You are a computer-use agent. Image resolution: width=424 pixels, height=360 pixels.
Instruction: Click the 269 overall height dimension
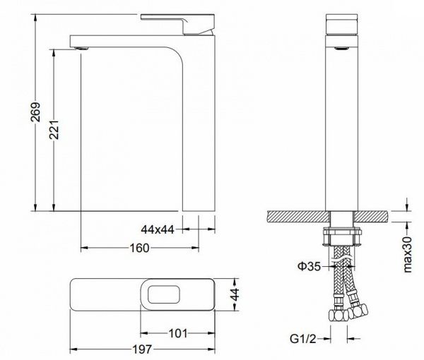(35, 112)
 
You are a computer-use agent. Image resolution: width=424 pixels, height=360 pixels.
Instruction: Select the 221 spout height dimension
(54, 129)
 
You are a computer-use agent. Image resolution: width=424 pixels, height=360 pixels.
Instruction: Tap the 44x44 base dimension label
(158, 229)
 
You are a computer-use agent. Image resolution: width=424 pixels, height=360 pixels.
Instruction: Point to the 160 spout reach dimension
(139, 248)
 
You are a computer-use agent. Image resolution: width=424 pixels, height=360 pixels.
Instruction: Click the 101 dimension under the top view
(178, 333)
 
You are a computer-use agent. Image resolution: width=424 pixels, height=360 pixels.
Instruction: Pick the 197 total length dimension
(142, 349)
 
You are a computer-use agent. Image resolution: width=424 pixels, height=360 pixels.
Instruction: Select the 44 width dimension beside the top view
(235, 294)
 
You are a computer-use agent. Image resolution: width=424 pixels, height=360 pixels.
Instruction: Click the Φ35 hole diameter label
(309, 267)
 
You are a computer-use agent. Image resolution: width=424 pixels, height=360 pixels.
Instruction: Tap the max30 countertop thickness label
(407, 254)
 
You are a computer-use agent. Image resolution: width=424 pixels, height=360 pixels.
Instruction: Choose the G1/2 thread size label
(303, 338)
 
